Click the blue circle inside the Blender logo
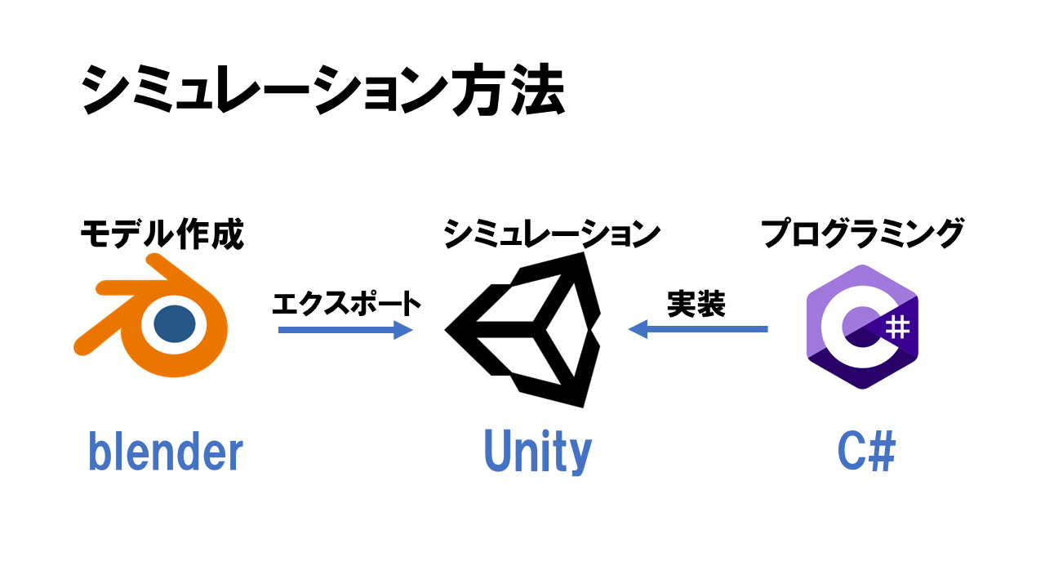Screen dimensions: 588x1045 coord(174,324)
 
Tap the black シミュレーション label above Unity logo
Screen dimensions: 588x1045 coord(552,235)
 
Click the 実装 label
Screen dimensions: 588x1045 coord(696,304)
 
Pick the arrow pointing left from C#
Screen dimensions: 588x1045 coord(698,329)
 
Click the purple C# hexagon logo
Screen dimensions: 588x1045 coord(862,327)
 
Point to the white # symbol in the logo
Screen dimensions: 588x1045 coord(896,327)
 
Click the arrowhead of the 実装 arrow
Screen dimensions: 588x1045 coord(637,329)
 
